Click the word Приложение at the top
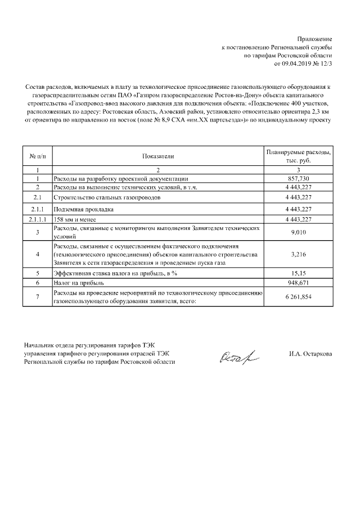[317, 39]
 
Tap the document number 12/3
[325, 64]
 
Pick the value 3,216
[299, 254]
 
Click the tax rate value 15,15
[299, 273]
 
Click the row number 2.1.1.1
[37, 219]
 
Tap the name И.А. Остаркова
[310, 354]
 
